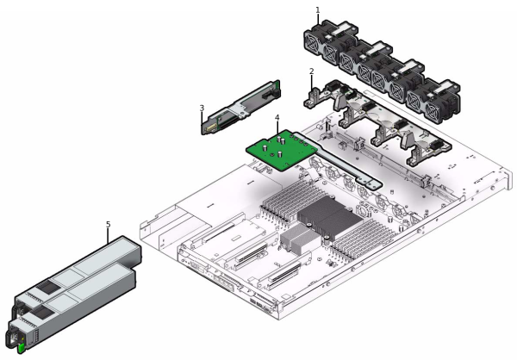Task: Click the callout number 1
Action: tap(318, 10)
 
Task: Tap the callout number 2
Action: tap(311, 71)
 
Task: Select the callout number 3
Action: tap(202, 109)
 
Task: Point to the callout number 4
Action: tap(277, 117)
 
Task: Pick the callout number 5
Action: tap(108, 225)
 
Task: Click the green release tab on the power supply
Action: tap(21, 347)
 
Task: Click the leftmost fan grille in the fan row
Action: tap(316, 46)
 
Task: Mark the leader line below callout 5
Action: tap(108, 233)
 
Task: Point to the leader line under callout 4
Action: tap(277, 126)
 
